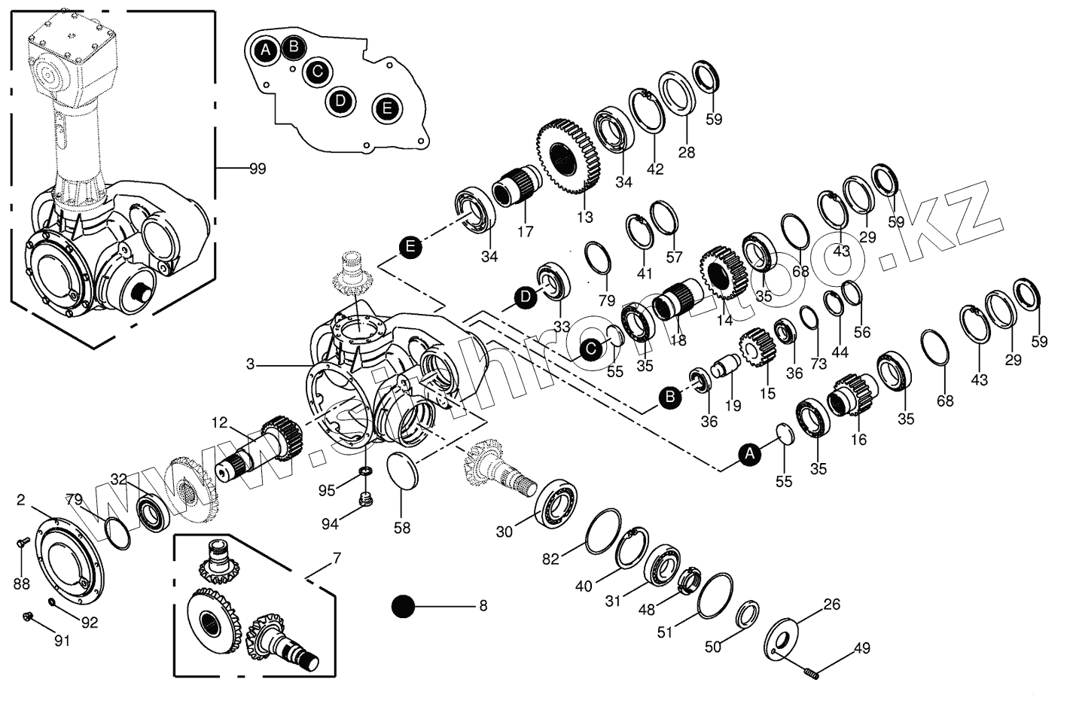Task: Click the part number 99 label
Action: (257, 169)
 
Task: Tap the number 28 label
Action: (686, 152)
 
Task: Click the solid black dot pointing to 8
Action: (404, 607)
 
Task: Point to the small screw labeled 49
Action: (809, 672)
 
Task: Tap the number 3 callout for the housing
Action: (250, 365)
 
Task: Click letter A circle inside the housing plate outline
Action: (265, 51)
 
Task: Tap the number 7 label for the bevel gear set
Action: (336, 559)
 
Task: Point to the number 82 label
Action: (551, 559)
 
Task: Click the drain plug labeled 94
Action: (367, 499)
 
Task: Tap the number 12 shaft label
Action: (219, 423)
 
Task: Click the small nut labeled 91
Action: (29, 617)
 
